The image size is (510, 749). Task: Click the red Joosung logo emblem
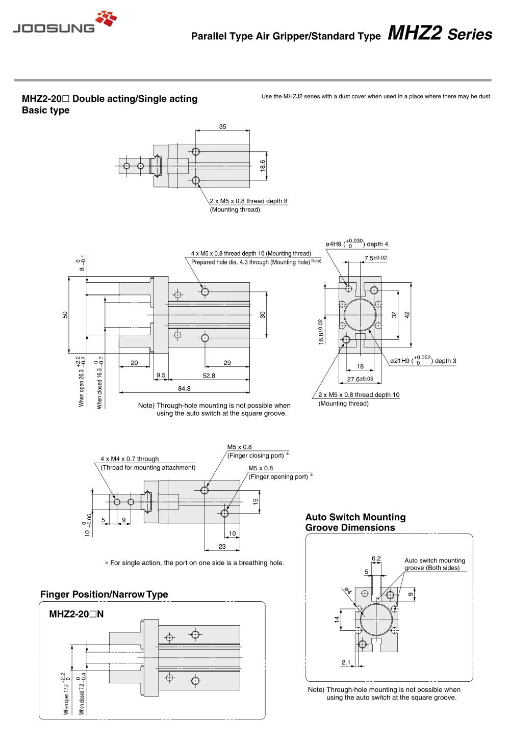click(x=106, y=18)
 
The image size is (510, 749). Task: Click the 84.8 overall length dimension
click(x=184, y=389)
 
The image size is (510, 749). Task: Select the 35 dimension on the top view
click(x=222, y=127)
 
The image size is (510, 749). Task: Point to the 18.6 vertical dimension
click(x=262, y=166)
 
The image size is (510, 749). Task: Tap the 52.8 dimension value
click(x=209, y=376)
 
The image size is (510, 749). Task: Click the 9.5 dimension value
click(x=161, y=375)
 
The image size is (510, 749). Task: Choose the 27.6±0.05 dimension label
click(x=360, y=379)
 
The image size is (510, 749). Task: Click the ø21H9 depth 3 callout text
click(x=423, y=360)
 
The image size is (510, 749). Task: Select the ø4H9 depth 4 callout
click(x=356, y=243)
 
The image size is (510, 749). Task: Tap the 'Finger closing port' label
click(x=256, y=456)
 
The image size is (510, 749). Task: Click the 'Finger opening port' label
click(x=278, y=477)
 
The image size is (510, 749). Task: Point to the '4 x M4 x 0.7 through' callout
click(x=130, y=459)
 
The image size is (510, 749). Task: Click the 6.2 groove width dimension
click(x=376, y=558)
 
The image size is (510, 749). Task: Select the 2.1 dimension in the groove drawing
click(x=346, y=662)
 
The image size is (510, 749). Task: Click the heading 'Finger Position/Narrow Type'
click(x=104, y=594)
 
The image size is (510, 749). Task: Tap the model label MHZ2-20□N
click(x=76, y=614)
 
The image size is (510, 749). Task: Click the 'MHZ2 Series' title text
click(x=440, y=33)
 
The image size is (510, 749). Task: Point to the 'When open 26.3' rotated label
click(x=81, y=382)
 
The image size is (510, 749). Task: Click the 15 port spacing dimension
click(x=256, y=501)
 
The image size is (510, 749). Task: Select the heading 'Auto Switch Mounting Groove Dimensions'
click(x=355, y=522)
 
